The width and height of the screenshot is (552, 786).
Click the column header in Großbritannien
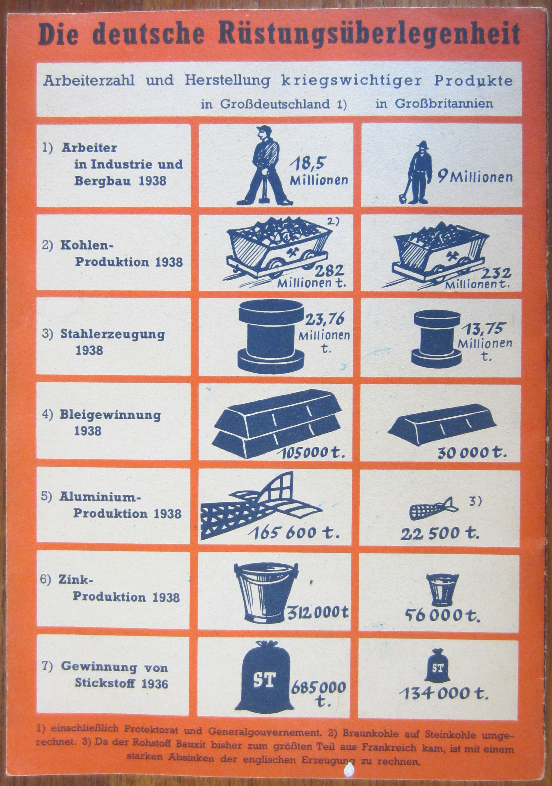click(434, 103)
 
